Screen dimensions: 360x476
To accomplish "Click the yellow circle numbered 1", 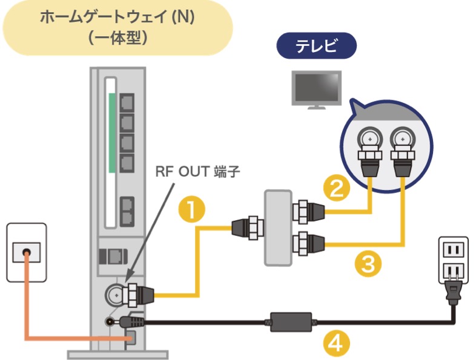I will coord(192,210).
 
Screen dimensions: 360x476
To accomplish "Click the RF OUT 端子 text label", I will coord(198,172).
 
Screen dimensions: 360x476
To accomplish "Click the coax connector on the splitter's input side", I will coord(246,228).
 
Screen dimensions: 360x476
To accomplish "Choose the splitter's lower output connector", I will coord(308,244).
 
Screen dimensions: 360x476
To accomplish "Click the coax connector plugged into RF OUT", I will coord(137,295).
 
